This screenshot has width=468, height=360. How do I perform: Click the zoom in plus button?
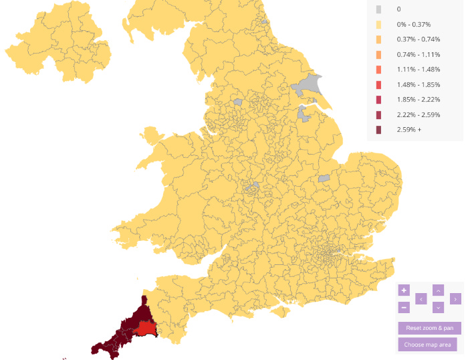[x=404, y=290]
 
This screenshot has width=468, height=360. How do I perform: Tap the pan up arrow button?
[x=438, y=290]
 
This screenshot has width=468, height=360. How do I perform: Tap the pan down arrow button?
[x=438, y=307]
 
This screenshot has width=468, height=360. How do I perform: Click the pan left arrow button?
[x=421, y=299]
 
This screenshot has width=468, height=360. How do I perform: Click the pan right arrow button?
[x=455, y=299]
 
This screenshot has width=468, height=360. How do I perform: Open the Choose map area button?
[x=429, y=345]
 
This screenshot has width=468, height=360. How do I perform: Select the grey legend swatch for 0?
[x=379, y=9]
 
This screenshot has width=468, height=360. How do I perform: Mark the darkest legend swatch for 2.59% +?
[x=379, y=130]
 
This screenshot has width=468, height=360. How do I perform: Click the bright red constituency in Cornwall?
[x=144, y=329]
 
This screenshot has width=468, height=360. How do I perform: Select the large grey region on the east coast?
[x=309, y=86]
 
